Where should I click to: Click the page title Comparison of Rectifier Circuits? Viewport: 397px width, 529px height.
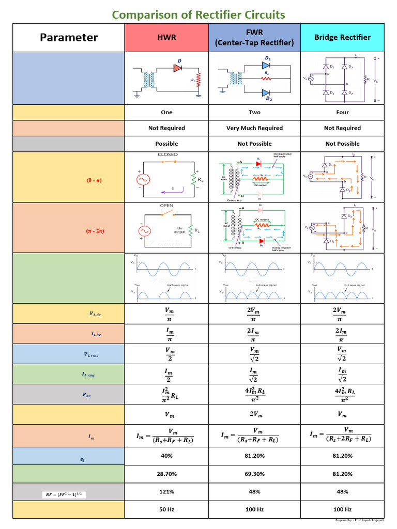point(198,14)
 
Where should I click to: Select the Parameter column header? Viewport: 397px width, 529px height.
point(69,38)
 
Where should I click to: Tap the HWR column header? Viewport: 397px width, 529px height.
point(166,38)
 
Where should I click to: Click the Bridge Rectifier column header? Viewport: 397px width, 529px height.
point(342,38)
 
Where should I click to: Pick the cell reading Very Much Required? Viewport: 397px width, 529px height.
point(254,128)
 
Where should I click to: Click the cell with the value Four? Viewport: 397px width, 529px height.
point(342,112)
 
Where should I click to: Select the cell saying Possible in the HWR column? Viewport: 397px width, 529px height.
point(166,144)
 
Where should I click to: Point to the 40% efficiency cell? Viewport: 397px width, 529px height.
point(166,456)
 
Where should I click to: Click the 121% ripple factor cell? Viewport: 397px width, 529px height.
point(166,492)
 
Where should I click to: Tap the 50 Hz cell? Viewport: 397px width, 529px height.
point(166,509)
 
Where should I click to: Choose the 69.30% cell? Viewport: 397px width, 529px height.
point(254,474)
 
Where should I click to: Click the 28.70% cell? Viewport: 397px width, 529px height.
point(166,474)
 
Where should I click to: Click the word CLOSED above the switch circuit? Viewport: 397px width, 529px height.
point(167,154)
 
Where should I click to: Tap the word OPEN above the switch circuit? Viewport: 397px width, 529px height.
point(166,206)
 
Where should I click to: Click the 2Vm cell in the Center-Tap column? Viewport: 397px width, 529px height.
point(254,414)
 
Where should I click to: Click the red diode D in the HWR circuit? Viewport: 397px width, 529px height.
point(178,67)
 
